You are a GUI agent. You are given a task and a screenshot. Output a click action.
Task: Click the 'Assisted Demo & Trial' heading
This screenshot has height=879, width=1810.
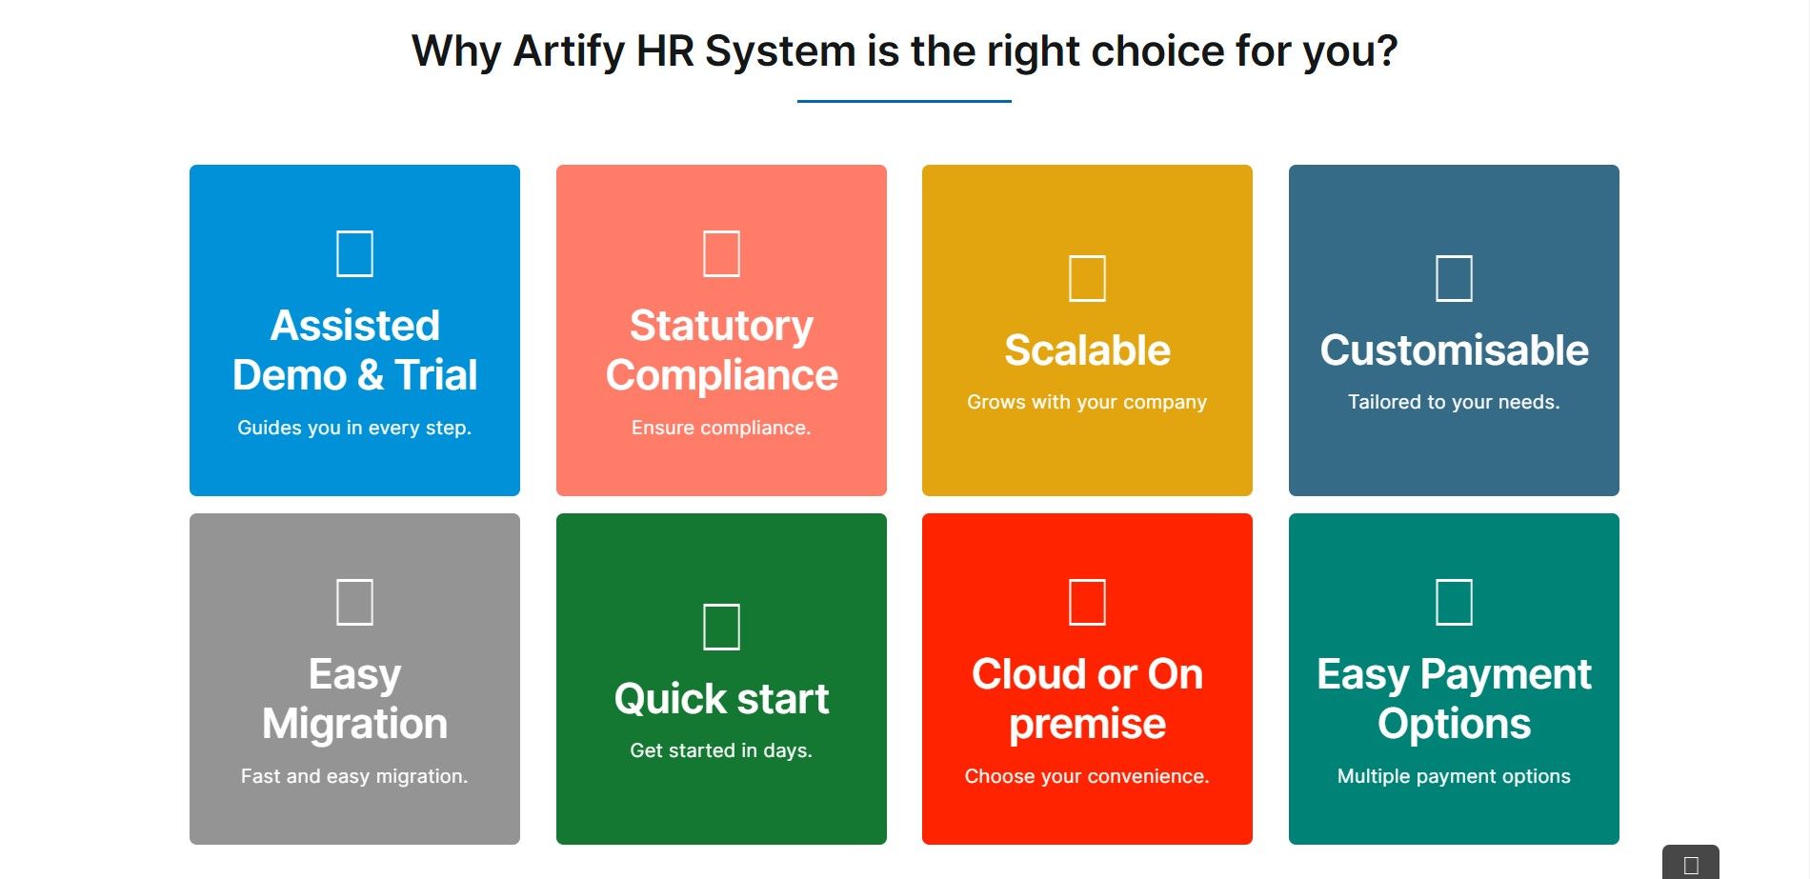[354, 350]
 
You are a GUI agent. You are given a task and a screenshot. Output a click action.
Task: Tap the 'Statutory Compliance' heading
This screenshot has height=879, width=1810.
[721, 350]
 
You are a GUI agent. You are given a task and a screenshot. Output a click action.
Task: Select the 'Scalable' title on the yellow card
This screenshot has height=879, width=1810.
[1087, 350]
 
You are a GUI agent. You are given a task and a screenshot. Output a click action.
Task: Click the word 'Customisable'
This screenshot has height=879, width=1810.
[1454, 350]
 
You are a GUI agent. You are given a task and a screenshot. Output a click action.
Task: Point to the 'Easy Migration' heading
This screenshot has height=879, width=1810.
[354, 698]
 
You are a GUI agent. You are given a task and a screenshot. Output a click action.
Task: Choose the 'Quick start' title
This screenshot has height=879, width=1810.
[721, 698]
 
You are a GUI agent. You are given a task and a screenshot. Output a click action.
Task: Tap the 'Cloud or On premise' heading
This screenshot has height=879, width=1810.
[1087, 698]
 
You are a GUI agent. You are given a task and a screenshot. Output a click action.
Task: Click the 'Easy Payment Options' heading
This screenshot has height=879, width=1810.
[1454, 698]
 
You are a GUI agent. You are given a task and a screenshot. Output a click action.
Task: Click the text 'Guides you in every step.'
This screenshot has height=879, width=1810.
[354, 428]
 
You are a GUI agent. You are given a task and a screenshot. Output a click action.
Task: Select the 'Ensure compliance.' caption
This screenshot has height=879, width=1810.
[721, 428]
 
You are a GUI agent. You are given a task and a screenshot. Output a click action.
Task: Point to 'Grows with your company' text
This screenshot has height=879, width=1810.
[1087, 402]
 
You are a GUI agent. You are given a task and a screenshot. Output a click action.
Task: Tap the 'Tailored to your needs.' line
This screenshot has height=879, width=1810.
[1454, 402]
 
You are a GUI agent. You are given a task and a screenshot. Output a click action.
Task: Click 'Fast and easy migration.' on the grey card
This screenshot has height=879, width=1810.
[354, 776]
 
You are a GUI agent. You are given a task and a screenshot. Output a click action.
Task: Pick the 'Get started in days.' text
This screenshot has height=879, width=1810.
[721, 750]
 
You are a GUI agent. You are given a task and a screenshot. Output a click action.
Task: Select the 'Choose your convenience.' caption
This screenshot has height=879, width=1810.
[1087, 776]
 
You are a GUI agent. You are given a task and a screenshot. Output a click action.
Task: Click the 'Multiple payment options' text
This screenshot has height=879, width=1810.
[1454, 776]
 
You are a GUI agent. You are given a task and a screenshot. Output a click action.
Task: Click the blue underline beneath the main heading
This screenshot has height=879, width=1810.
[904, 101]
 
